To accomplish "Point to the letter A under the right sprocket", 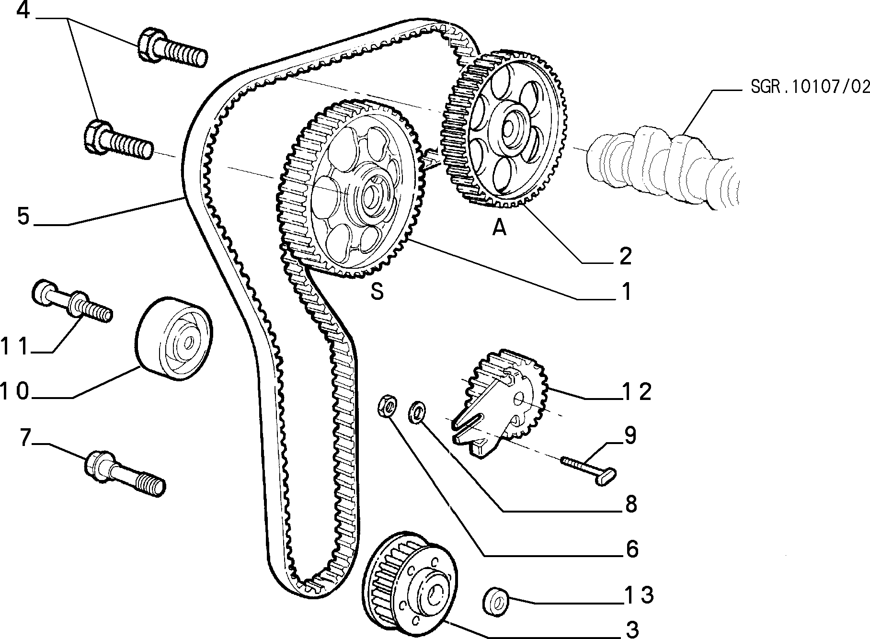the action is click(x=499, y=228).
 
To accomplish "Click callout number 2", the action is click(x=625, y=256).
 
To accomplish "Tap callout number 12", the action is click(x=637, y=392).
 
